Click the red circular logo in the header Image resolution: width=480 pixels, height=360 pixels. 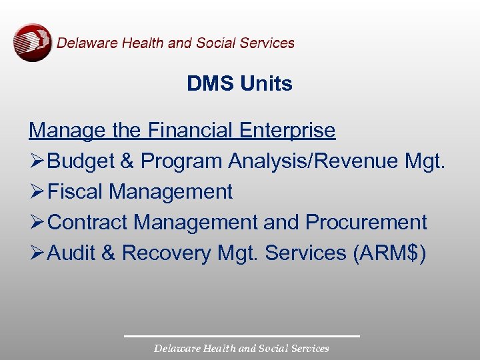click(x=32, y=43)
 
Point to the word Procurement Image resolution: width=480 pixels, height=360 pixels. click(x=366, y=223)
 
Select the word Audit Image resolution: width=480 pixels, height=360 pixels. click(x=72, y=253)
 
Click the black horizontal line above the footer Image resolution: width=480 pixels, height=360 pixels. click(x=241, y=336)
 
